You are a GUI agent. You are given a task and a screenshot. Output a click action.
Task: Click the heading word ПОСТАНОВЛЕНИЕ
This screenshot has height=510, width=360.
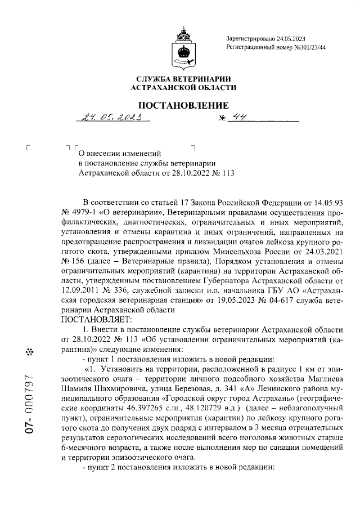183,105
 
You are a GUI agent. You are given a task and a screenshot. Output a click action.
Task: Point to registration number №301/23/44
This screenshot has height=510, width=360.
302,48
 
